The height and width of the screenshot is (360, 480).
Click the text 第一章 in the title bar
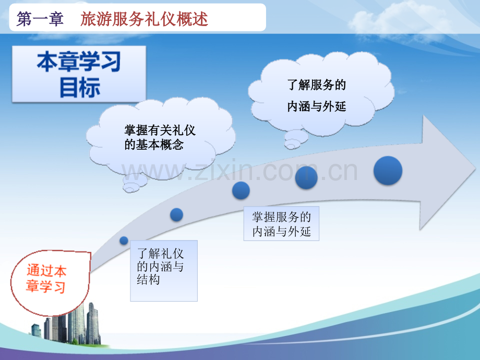(x=40, y=19)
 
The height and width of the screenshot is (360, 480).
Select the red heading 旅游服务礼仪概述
(x=144, y=19)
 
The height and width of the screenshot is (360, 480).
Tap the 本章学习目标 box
(x=79, y=74)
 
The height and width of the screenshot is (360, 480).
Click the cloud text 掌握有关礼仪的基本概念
(x=160, y=137)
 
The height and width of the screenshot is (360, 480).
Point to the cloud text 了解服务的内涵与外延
(x=317, y=95)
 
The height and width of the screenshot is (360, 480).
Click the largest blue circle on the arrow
(x=388, y=171)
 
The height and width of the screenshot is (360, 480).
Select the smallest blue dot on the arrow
(x=124, y=241)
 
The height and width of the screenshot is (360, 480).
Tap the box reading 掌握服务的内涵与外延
(x=281, y=223)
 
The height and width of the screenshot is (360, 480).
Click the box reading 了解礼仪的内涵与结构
(x=164, y=271)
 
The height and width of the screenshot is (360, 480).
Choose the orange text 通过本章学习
(x=46, y=279)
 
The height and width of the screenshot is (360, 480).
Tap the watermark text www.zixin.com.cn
(x=239, y=171)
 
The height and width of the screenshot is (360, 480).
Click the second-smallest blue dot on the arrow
(x=177, y=214)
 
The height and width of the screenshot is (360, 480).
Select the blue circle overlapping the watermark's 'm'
(x=306, y=177)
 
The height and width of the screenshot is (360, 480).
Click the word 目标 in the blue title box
(x=80, y=88)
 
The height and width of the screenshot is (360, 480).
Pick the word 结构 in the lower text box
(x=148, y=280)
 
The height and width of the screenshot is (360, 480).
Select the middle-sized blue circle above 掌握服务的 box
(x=241, y=190)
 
